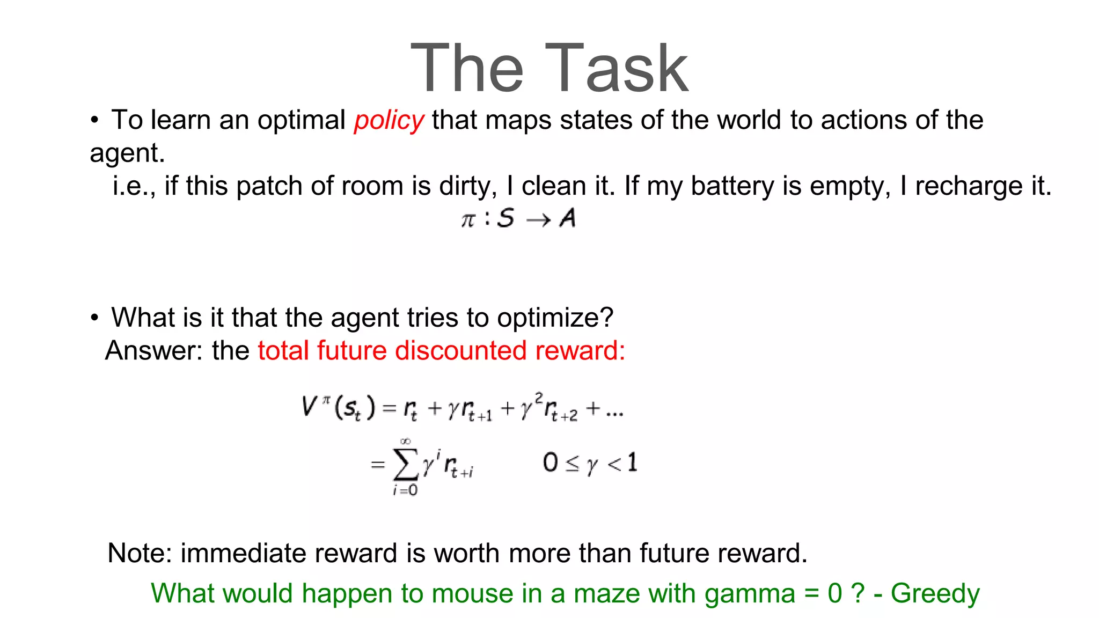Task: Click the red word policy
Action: (389, 120)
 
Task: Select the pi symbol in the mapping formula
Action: (468, 219)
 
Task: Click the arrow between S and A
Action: (538, 220)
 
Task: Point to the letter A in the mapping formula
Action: (567, 218)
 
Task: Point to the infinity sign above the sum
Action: (406, 441)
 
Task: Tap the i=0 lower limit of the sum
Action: (405, 490)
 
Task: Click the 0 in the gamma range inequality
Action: (551, 462)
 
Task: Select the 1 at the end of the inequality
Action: (632, 462)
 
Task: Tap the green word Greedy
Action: (935, 594)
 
